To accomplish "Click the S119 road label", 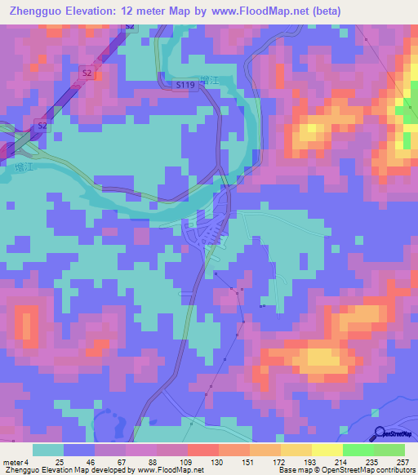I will pyautogui.click(x=185, y=83).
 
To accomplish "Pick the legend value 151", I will pyautogui.click(x=235, y=462).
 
